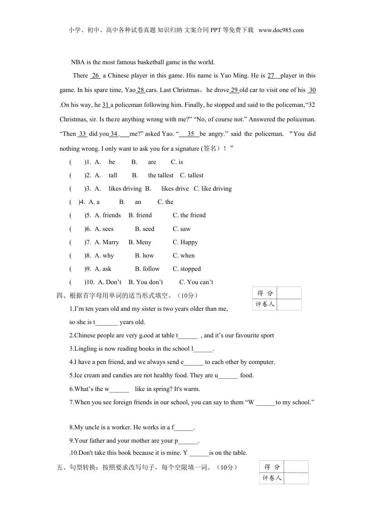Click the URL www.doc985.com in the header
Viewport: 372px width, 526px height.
point(281,30)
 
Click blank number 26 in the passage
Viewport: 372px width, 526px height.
point(96,76)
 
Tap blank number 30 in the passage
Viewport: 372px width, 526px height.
point(312,90)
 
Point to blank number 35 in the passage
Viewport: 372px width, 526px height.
point(191,134)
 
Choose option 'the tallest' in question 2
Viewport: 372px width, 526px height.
point(161,175)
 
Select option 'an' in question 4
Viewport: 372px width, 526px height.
point(138,202)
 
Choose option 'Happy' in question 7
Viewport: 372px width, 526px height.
point(189,242)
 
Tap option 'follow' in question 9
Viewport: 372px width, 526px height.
point(151,269)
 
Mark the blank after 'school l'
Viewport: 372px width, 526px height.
point(203,349)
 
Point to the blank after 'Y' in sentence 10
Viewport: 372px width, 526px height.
point(199,453)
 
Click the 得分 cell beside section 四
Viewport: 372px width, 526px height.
point(265,293)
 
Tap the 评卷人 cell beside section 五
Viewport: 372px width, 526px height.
point(272,478)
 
